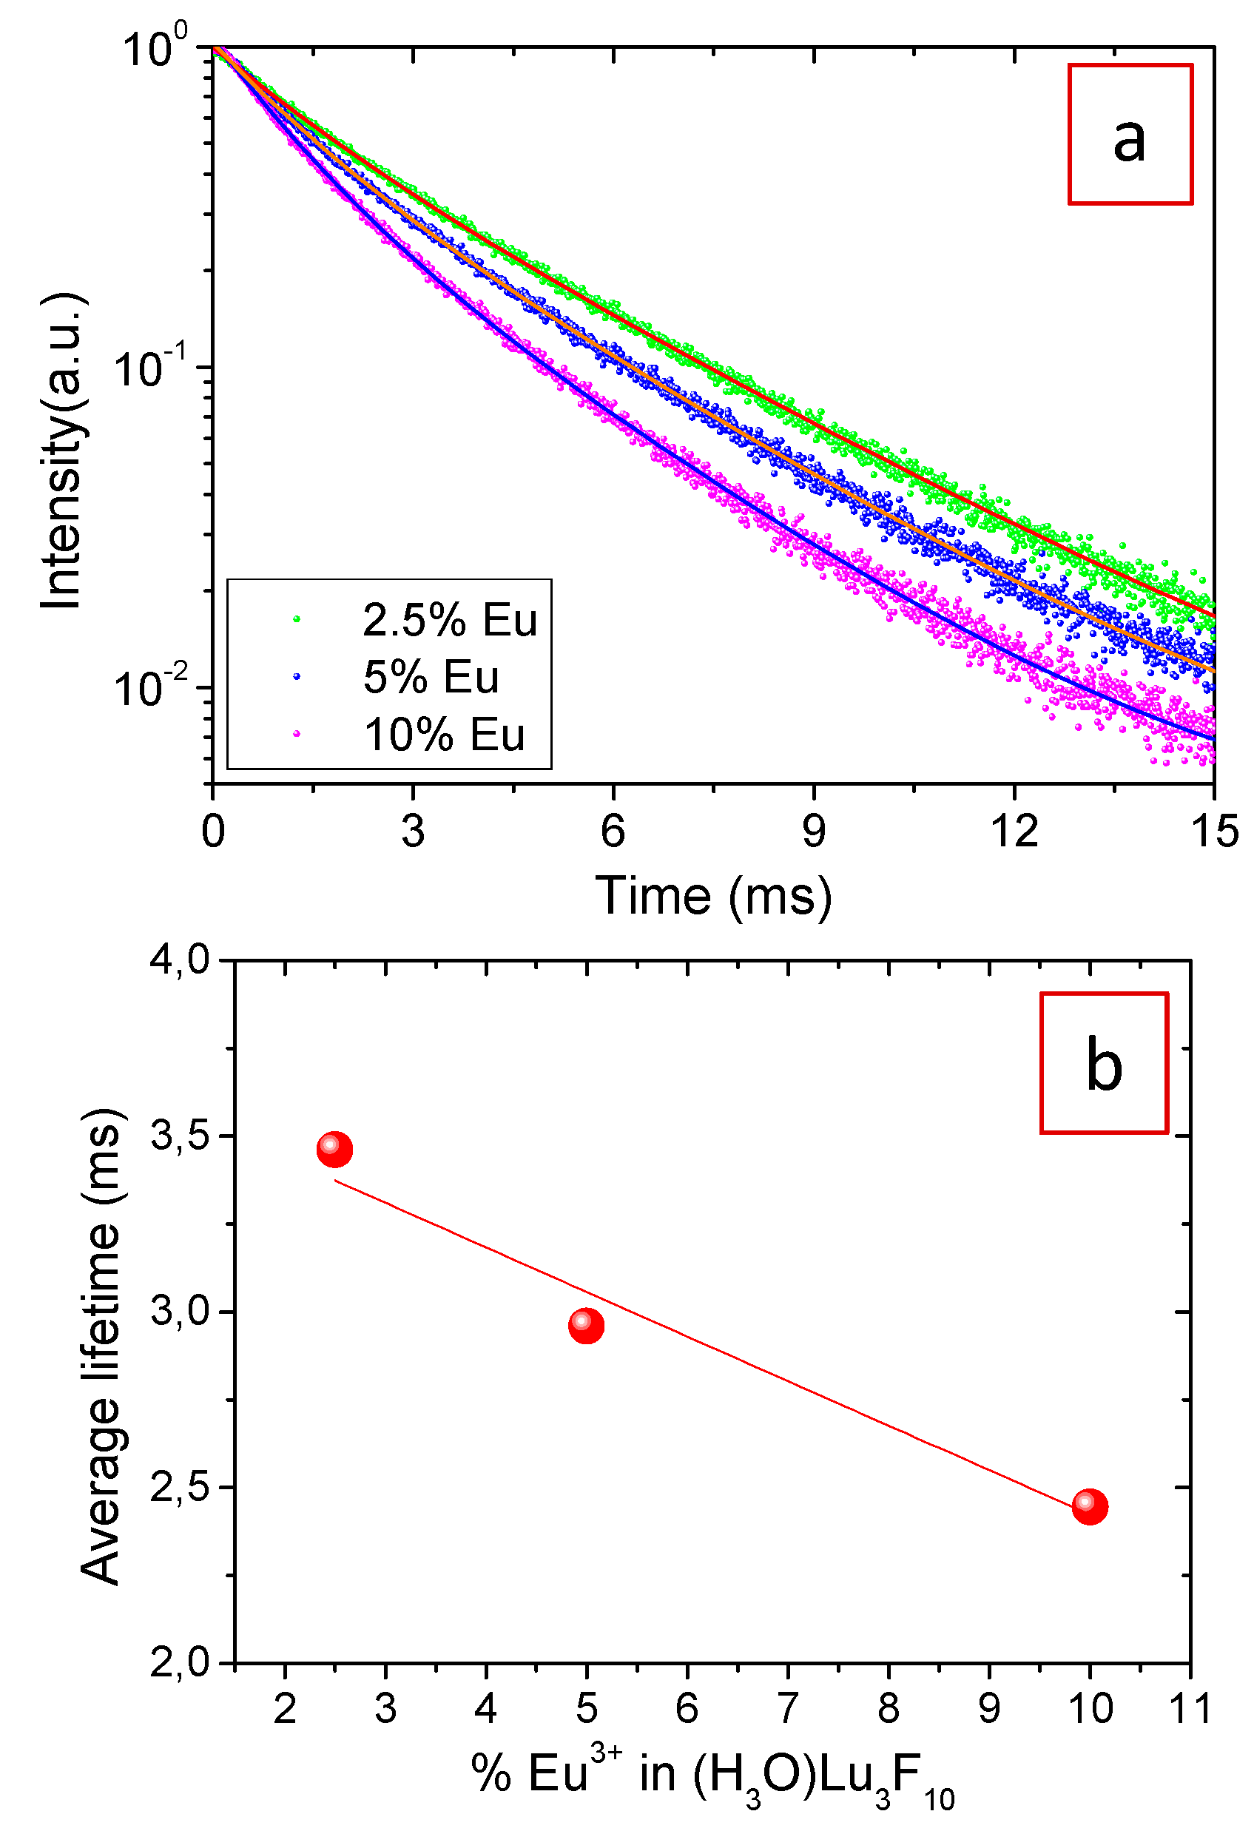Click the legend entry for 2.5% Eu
[450, 620]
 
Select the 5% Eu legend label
[431, 677]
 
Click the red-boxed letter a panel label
[1130, 135]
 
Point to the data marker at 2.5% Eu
[334, 1150]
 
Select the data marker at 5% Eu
[586, 1326]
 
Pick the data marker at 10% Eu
[1089, 1506]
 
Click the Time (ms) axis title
[713, 896]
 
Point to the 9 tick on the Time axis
[814, 832]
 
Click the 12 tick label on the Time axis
[1014, 832]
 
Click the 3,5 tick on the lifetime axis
[180, 1136]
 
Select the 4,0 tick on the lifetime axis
[180, 960]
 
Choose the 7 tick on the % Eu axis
[788, 1708]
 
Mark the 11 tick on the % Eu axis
[1190, 1708]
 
